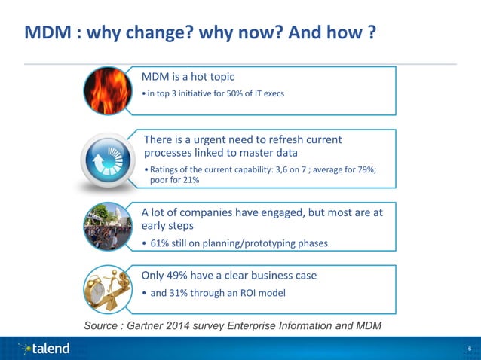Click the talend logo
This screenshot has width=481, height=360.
click(x=46, y=348)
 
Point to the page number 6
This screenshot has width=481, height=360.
click(x=470, y=349)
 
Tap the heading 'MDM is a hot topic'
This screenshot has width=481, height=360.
click(x=188, y=77)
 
